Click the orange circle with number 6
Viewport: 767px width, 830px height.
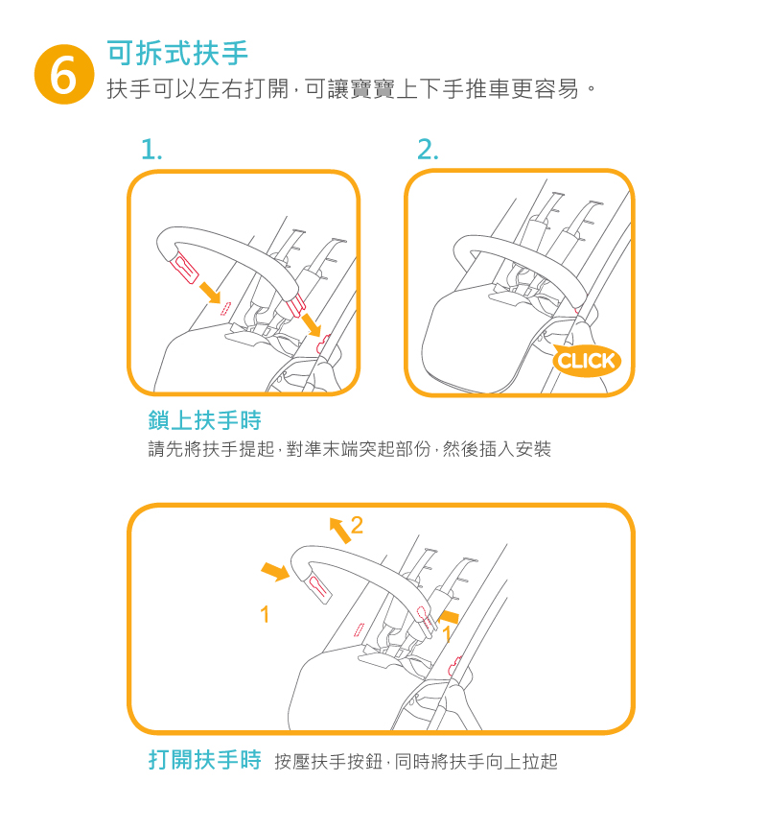point(64,74)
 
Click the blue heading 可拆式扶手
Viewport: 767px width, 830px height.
point(177,53)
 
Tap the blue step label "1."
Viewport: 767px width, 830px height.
point(151,150)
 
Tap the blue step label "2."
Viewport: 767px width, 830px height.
point(428,150)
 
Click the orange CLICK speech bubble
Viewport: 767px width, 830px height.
point(586,361)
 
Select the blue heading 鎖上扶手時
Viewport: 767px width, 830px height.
point(205,420)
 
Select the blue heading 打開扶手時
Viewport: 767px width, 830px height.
point(205,760)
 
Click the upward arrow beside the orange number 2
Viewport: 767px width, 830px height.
point(339,530)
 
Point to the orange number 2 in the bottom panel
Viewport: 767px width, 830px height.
point(357,526)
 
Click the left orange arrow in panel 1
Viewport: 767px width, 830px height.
point(210,293)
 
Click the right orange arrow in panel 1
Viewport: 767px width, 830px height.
point(311,324)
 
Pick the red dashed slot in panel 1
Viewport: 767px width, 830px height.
point(225,309)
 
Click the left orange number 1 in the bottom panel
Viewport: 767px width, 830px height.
point(265,614)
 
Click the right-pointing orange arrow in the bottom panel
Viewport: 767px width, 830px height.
point(275,571)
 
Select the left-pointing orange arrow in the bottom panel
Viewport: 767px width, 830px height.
point(449,616)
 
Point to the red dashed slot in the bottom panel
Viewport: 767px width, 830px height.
point(359,629)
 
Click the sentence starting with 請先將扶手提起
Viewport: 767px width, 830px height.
point(350,449)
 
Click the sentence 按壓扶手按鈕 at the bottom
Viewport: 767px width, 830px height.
point(416,762)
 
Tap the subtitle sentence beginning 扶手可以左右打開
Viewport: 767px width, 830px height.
point(351,88)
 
